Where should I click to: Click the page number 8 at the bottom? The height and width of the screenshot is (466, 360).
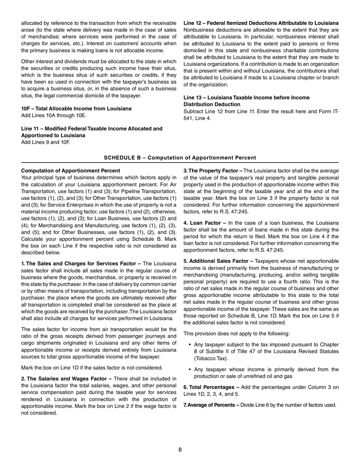[180, 450]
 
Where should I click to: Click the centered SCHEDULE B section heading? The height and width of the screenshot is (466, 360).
[180, 158]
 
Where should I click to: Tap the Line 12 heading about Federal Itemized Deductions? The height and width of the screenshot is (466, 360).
[261, 23]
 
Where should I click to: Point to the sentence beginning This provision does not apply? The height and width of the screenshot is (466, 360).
[236, 333]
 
